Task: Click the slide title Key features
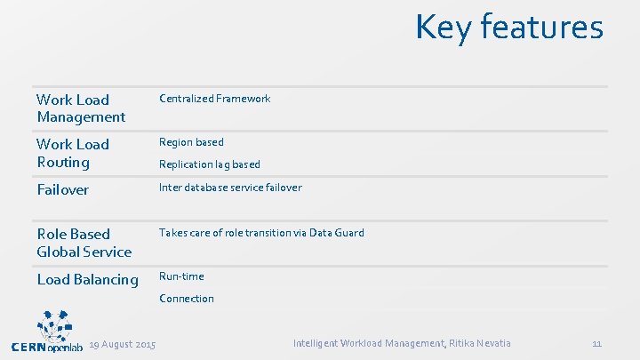click(x=508, y=28)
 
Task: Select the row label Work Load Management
click(x=81, y=108)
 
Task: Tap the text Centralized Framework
click(x=214, y=99)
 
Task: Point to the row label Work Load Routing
click(x=73, y=153)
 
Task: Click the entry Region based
click(x=191, y=142)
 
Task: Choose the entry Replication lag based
click(x=210, y=164)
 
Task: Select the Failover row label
click(x=62, y=190)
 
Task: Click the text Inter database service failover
click(x=230, y=188)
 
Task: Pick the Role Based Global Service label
click(x=84, y=243)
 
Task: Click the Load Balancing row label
click(x=87, y=280)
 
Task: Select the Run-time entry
click(x=181, y=276)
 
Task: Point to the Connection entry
click(x=187, y=299)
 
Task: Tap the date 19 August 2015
click(x=123, y=344)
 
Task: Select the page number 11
click(x=596, y=343)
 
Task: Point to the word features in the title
click(x=544, y=28)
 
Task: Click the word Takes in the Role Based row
click(x=172, y=233)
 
